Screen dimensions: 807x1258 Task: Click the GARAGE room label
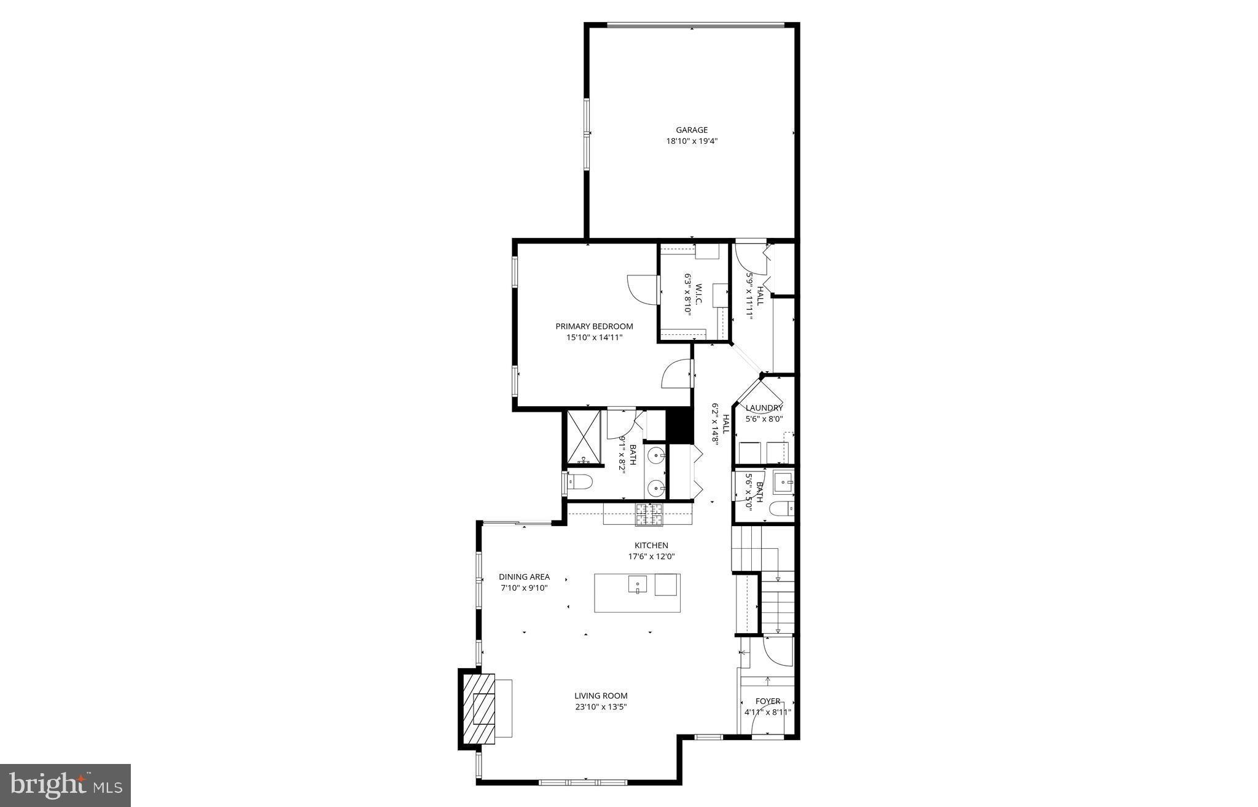[692, 130]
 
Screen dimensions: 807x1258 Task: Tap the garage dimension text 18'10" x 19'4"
[692, 141]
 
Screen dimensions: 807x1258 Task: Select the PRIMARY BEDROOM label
[594, 326]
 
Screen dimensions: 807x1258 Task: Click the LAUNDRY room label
[764, 408]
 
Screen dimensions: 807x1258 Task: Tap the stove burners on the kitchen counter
[649, 514]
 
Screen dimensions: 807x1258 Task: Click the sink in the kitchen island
[638, 584]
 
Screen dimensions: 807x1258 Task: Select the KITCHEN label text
[651, 545]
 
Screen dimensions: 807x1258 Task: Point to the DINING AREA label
[524, 577]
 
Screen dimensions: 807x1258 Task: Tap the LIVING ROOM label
[601, 696]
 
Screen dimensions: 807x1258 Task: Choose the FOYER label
[768, 701]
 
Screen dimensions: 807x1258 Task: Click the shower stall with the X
[583, 436]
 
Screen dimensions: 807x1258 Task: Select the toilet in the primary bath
[579, 481]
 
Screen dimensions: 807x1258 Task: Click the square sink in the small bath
[783, 482]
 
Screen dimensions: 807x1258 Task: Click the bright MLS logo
[66, 785]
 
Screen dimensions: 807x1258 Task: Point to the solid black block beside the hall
[680, 425]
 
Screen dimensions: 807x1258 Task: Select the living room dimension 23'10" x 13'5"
[601, 707]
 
